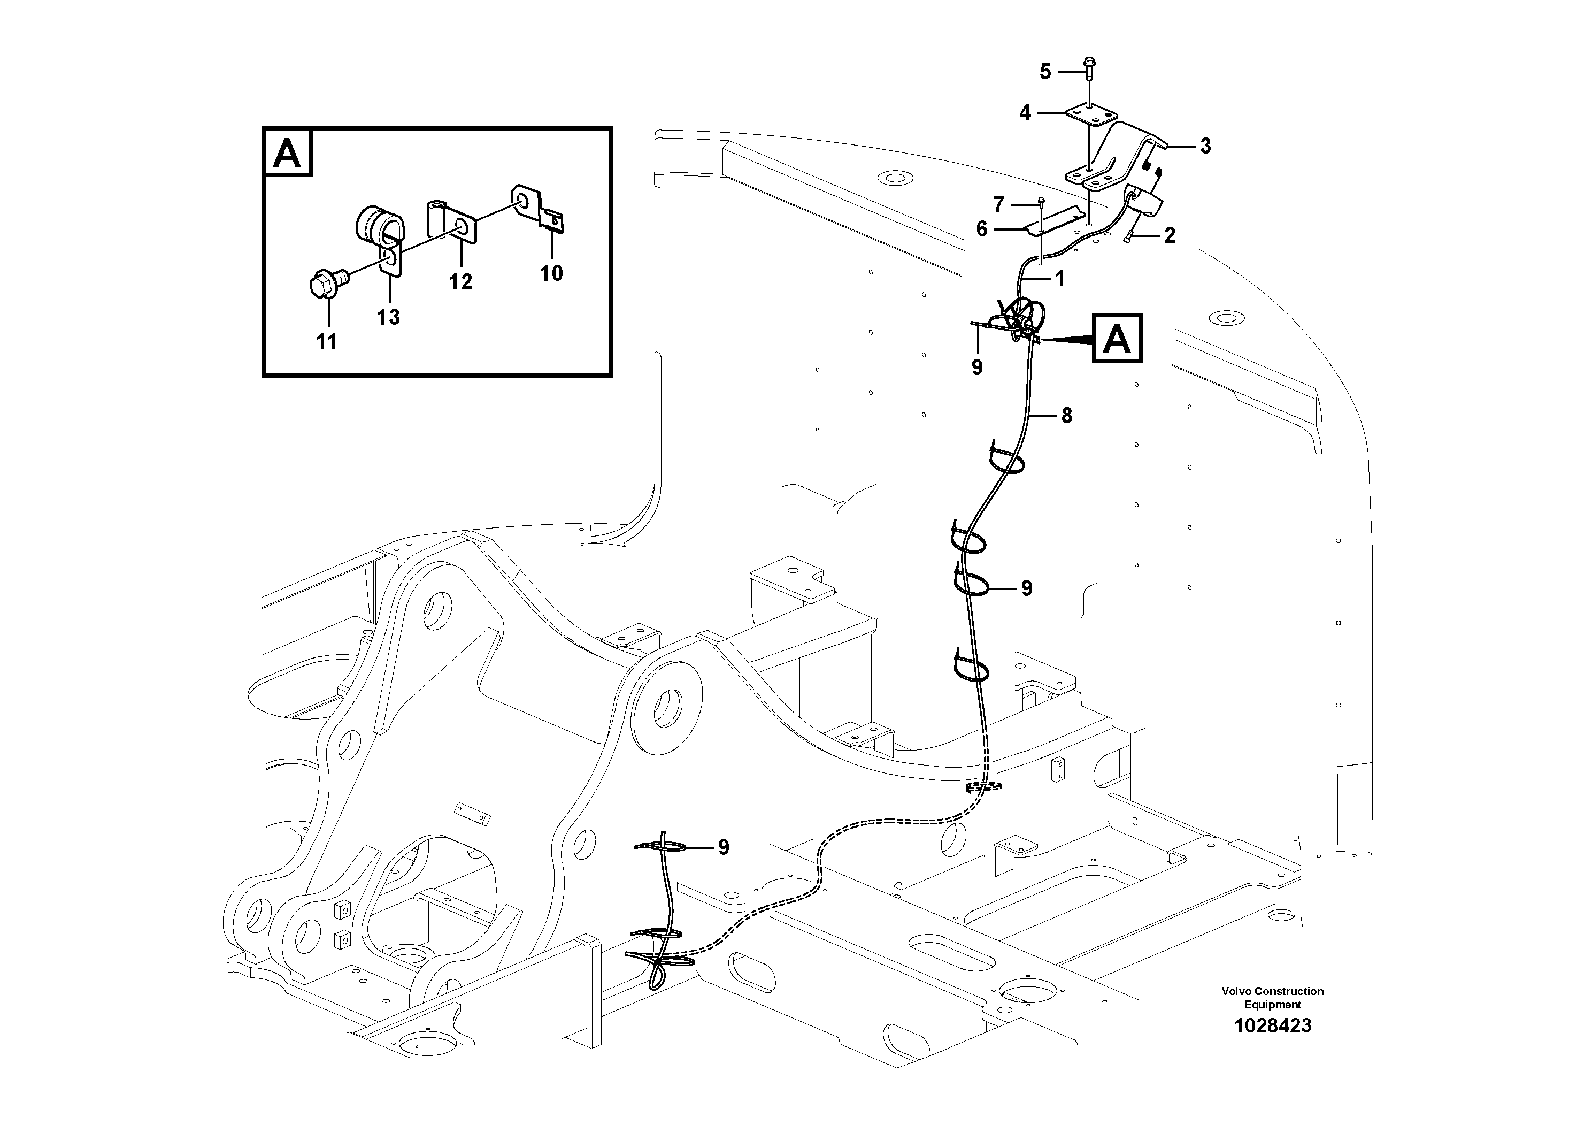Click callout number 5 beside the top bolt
(1045, 72)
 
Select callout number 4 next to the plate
(1025, 112)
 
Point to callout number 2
(1170, 236)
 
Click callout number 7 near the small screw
(998, 204)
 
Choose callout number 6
(981, 228)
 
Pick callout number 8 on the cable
(1066, 416)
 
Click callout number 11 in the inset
(327, 341)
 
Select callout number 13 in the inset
(388, 317)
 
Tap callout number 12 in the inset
(460, 281)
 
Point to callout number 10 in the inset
(551, 273)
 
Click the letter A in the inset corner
(287, 154)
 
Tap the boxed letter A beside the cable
(1117, 339)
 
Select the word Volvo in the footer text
(1236, 991)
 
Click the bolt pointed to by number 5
(1088, 66)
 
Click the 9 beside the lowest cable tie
(723, 847)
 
